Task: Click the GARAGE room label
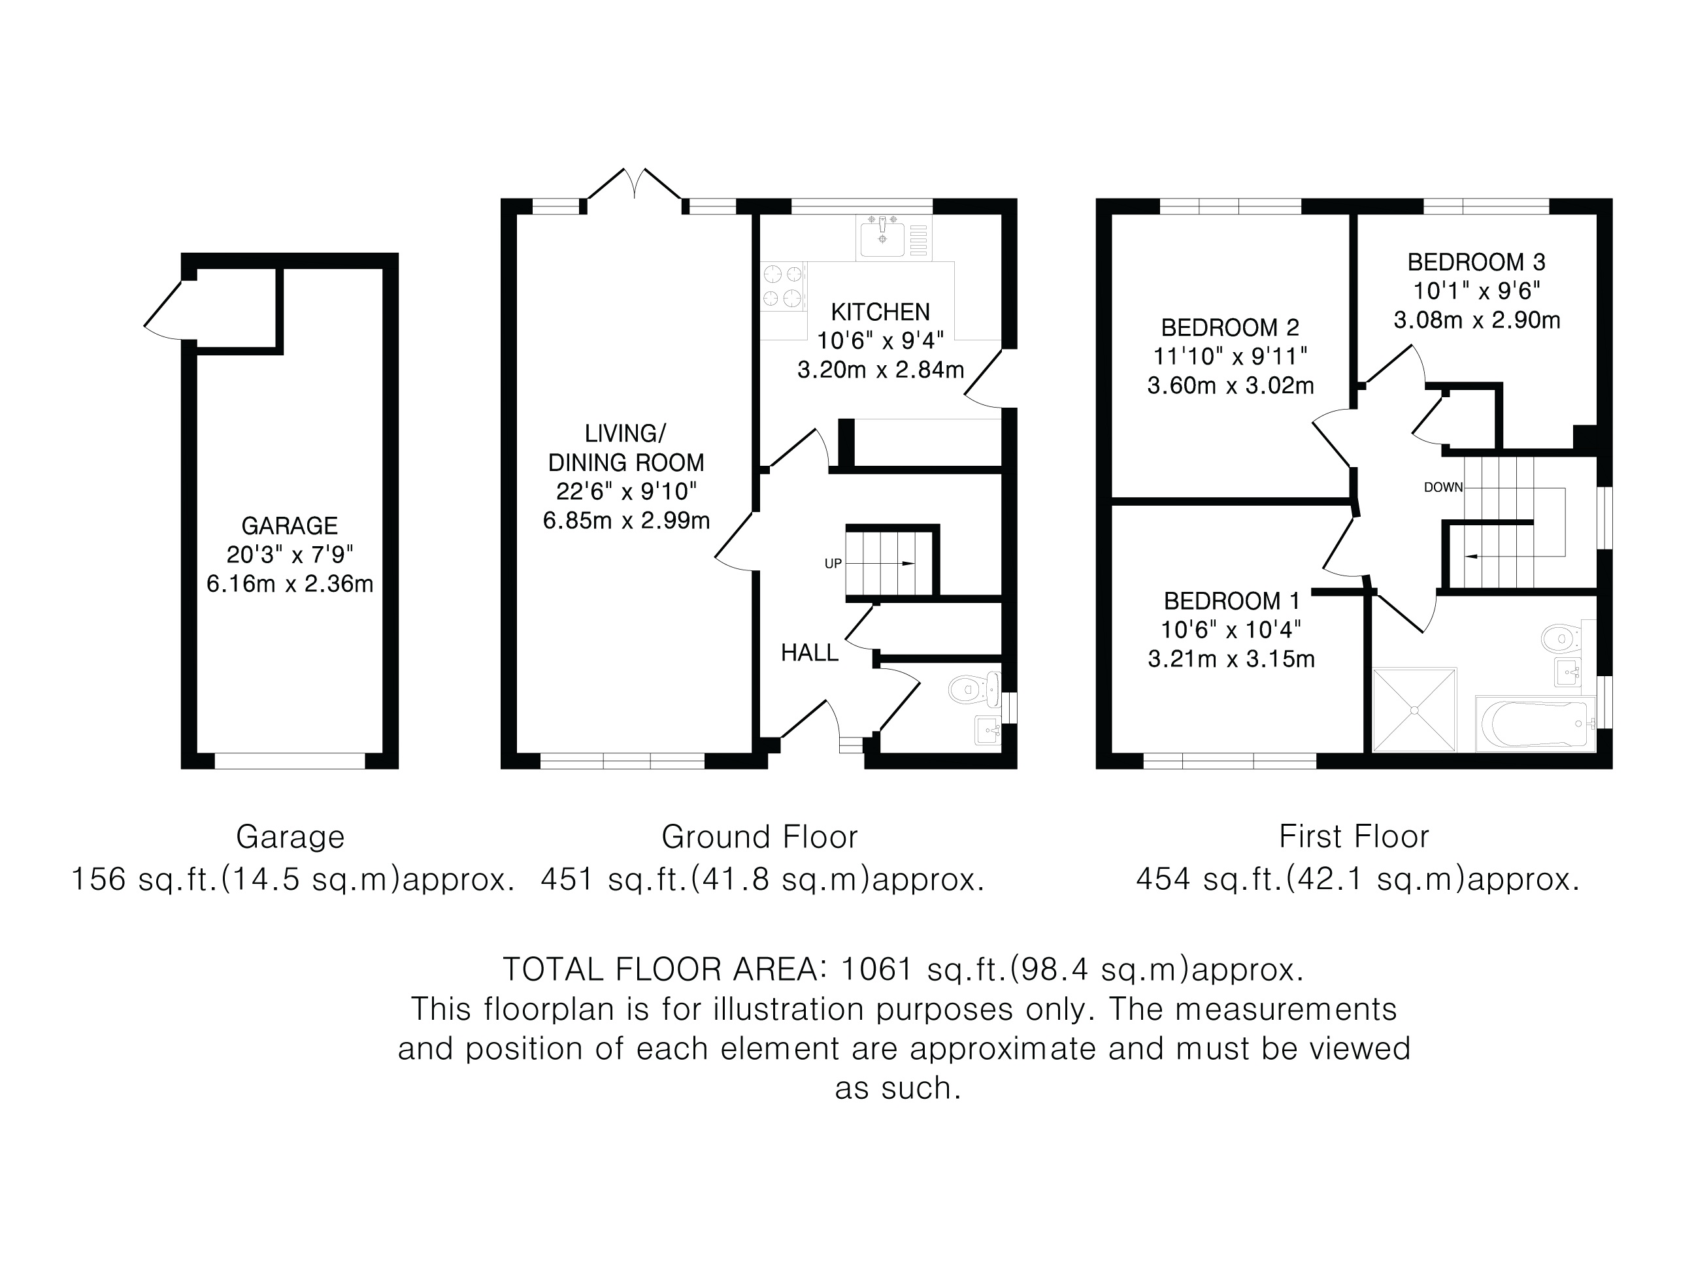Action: (x=290, y=526)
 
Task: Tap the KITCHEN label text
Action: (x=881, y=312)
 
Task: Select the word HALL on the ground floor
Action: (x=810, y=653)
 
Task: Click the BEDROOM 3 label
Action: (x=1476, y=263)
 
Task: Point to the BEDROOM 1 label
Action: (x=1231, y=601)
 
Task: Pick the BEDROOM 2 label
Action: (x=1230, y=328)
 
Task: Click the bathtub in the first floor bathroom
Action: (x=1535, y=723)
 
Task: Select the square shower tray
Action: (x=1414, y=709)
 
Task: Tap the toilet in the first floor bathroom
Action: (x=1560, y=637)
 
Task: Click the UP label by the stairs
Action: (x=833, y=563)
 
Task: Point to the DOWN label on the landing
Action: (x=1443, y=487)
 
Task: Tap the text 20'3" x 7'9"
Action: (x=290, y=554)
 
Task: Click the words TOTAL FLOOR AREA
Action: (x=660, y=970)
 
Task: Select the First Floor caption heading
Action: (x=1354, y=837)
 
